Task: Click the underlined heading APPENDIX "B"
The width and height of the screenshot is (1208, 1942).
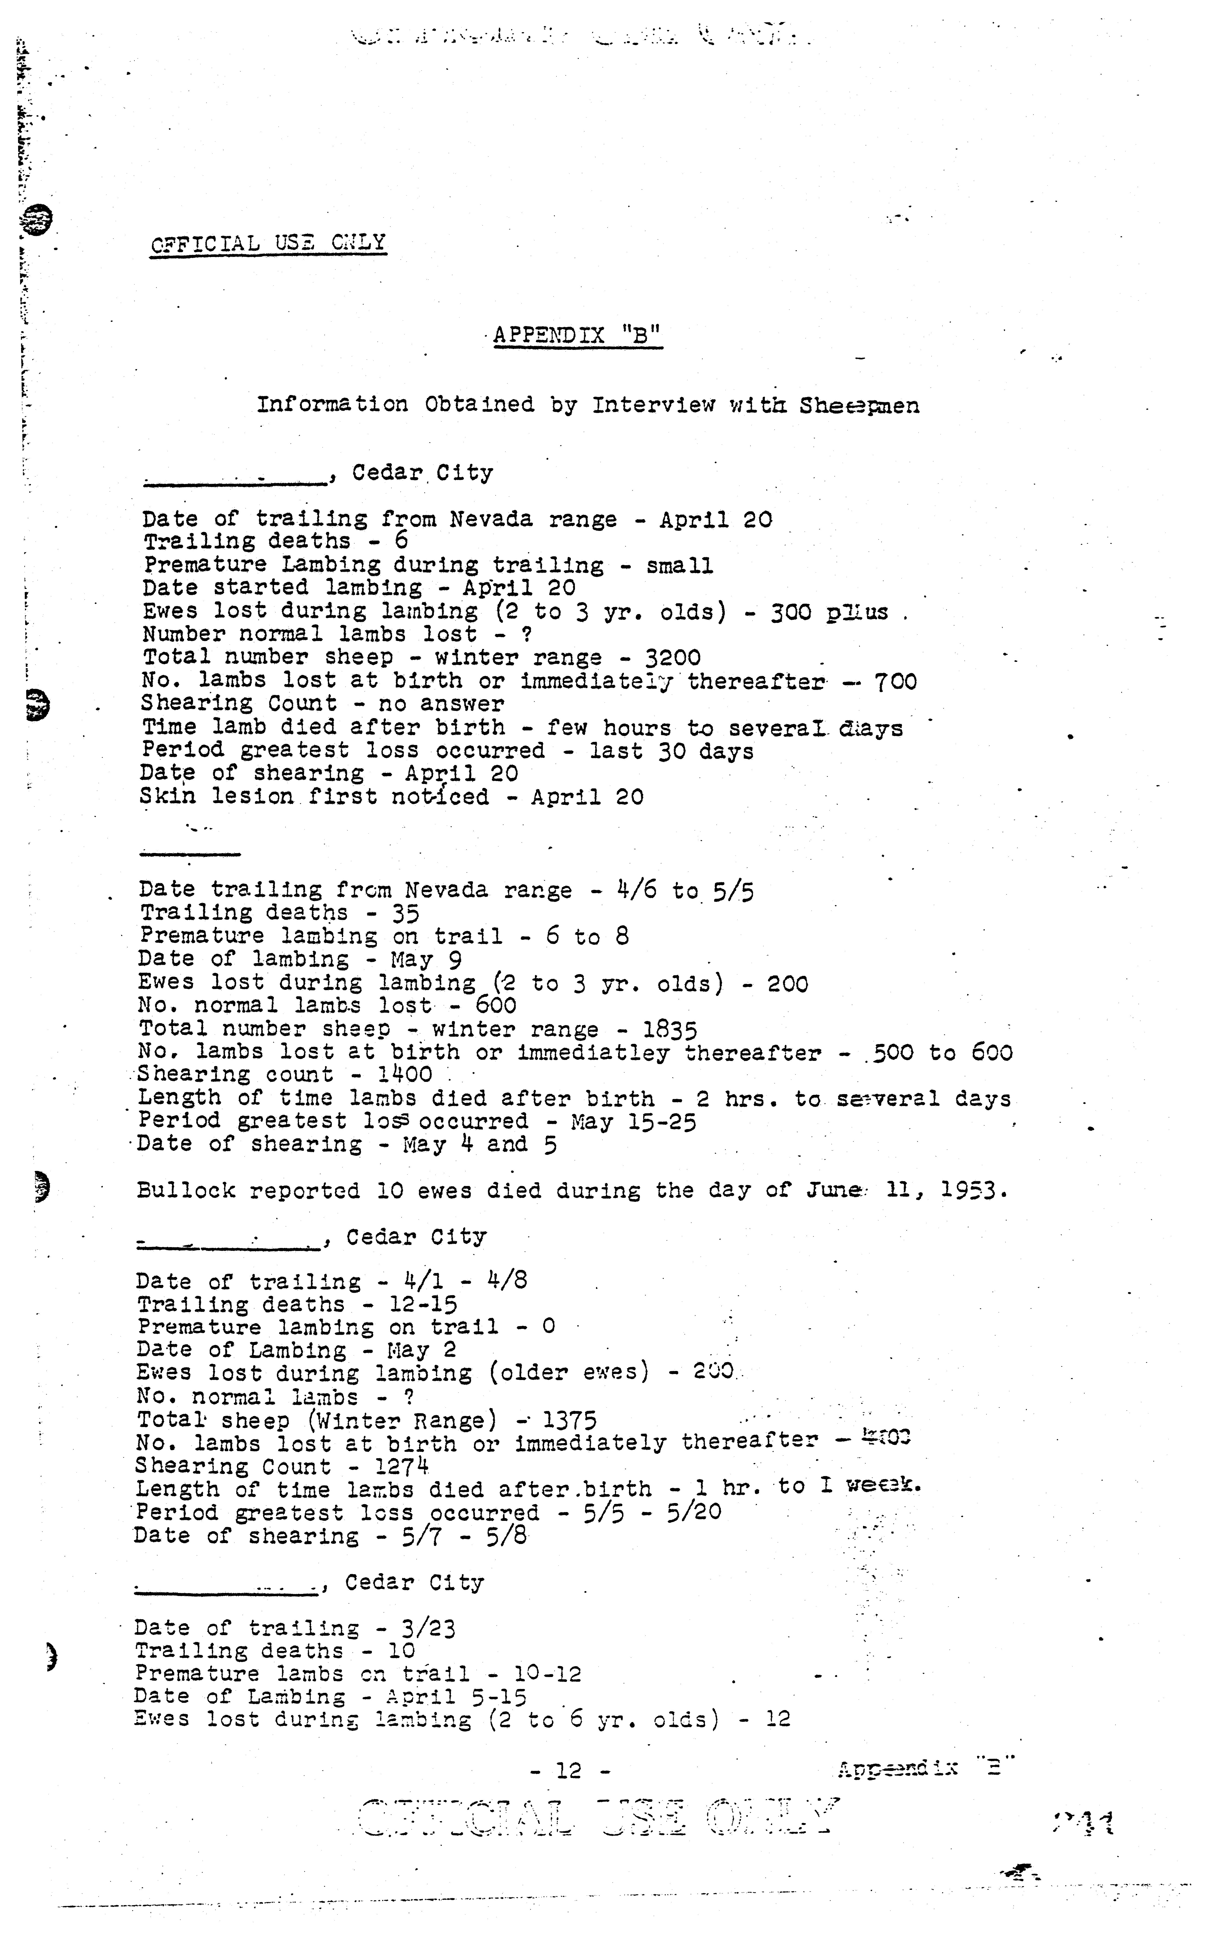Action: pos(577,335)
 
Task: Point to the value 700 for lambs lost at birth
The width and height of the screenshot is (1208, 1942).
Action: pos(895,682)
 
